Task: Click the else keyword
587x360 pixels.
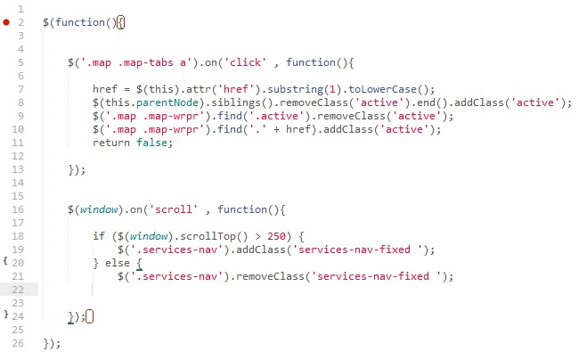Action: click(x=118, y=263)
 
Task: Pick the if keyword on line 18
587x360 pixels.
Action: click(x=98, y=235)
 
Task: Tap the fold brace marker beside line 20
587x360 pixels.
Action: click(x=5, y=263)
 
